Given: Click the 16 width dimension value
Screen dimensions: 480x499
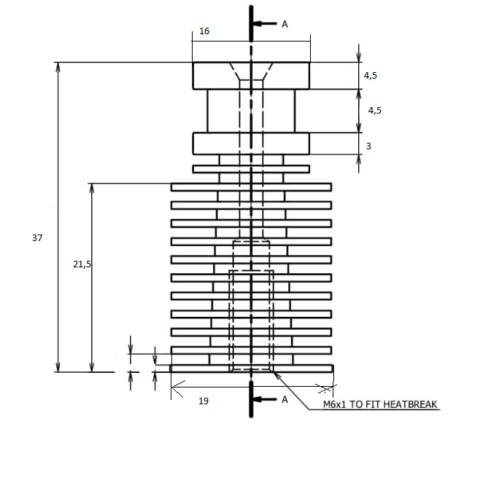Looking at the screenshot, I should [204, 32].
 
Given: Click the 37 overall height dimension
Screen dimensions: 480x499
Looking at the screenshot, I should [38, 238].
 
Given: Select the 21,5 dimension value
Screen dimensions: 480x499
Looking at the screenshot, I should [82, 264].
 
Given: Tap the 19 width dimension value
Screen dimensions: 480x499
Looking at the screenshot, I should [204, 401].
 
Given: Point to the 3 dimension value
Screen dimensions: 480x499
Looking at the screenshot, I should [369, 146].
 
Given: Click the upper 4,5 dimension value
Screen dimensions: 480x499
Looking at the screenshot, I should [372, 76].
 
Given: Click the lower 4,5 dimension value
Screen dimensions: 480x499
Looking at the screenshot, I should [374, 111].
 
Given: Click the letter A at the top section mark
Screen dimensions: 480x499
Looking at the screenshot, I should [285, 24].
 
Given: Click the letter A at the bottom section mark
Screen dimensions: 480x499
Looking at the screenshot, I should [285, 399].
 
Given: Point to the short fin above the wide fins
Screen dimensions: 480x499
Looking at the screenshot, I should [212, 169].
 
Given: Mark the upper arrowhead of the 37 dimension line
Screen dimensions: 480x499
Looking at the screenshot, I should [58, 67].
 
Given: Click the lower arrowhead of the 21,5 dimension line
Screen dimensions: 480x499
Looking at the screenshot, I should [92, 367].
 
